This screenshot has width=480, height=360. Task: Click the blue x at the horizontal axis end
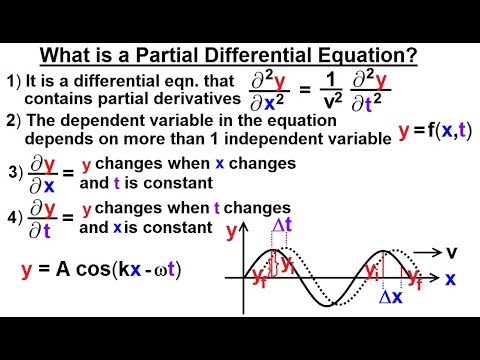click(x=451, y=280)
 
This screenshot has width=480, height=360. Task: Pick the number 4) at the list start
click(x=15, y=217)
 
